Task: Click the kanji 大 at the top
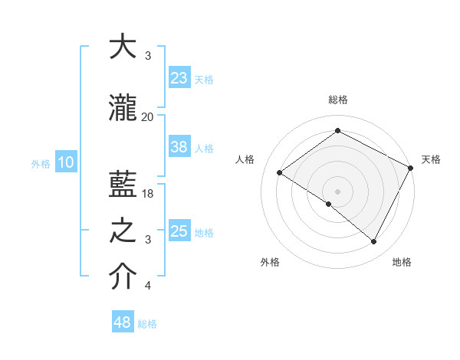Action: tap(123, 47)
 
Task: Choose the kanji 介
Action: tap(123, 277)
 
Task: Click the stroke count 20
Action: tap(148, 116)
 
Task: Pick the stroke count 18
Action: tap(149, 194)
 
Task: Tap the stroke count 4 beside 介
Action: tap(148, 286)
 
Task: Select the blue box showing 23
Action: tap(179, 77)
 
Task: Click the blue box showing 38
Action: tap(179, 147)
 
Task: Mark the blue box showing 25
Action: tap(179, 231)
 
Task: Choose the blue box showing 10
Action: tap(65, 162)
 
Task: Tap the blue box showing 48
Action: tap(123, 322)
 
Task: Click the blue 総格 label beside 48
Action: tap(148, 324)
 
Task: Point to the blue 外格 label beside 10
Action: tap(41, 163)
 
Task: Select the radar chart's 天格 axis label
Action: tap(431, 159)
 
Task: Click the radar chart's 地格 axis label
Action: tap(402, 262)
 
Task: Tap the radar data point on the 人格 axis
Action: tap(280, 173)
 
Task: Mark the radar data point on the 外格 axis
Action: tap(329, 204)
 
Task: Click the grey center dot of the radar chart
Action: tap(337, 191)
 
